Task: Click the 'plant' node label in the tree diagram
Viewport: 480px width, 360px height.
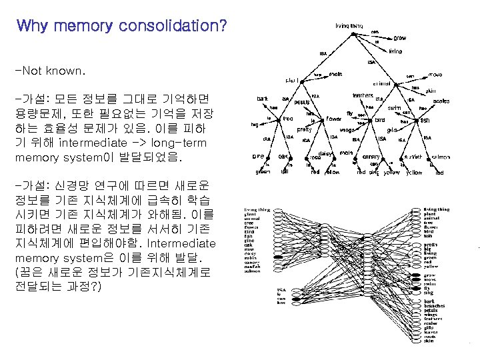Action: (292, 81)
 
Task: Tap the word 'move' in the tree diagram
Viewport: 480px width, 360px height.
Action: (435, 75)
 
